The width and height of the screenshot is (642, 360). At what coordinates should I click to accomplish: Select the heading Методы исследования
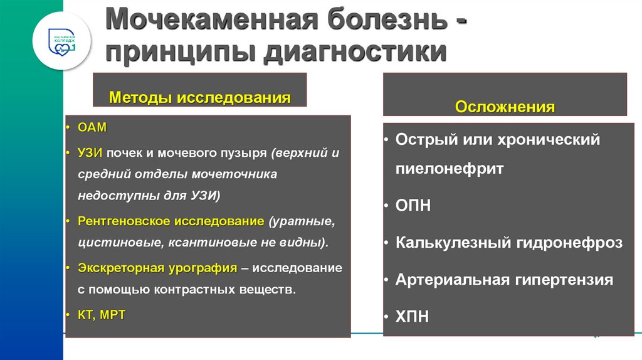click(x=200, y=98)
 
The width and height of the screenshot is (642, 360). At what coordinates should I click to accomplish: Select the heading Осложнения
click(x=505, y=107)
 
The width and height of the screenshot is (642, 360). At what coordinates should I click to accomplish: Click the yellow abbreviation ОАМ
click(x=93, y=127)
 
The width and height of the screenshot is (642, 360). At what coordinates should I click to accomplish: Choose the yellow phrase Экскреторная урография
click(x=157, y=268)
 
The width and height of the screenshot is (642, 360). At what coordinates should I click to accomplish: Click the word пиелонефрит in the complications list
click(x=450, y=169)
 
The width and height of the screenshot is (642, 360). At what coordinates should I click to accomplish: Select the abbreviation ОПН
click(x=413, y=206)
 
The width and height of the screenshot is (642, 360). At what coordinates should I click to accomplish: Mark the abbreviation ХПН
click(x=413, y=316)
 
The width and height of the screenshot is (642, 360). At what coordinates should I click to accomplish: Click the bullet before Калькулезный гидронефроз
click(x=387, y=242)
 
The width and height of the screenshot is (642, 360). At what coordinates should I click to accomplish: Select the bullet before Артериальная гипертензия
click(x=387, y=279)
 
